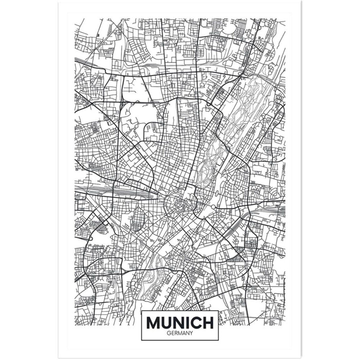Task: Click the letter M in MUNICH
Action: [x=154, y=323]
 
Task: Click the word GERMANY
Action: [x=180, y=333]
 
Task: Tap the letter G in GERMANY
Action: [x=169, y=333]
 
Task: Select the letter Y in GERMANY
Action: [x=191, y=333]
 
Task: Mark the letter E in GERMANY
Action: [x=172, y=333]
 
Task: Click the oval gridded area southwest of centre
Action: [x=137, y=219]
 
